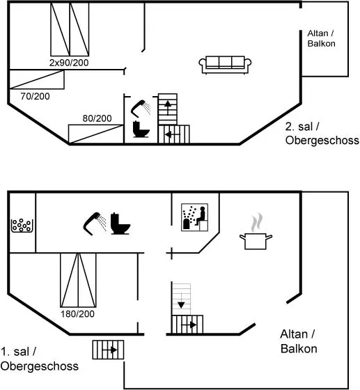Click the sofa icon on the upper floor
coord(225,65)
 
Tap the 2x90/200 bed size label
coord(69,63)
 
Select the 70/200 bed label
coord(35,96)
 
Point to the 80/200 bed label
coord(97,118)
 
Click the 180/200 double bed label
coord(77,314)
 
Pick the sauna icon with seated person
coord(195,217)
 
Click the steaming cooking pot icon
coord(256,231)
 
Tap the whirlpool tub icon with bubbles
coord(22,226)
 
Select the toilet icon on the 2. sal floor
coord(141,129)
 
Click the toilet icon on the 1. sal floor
coord(120,224)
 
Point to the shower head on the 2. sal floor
coord(141,109)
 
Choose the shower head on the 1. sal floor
coord(95,224)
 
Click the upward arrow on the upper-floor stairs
coord(168,108)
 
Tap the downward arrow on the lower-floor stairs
coord(181,301)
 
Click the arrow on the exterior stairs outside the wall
coord(110,350)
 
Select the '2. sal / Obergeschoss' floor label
coord(322,134)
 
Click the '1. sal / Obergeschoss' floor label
coord(39,359)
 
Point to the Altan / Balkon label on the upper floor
coord(321,38)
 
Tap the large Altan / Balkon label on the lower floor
coord(299,341)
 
